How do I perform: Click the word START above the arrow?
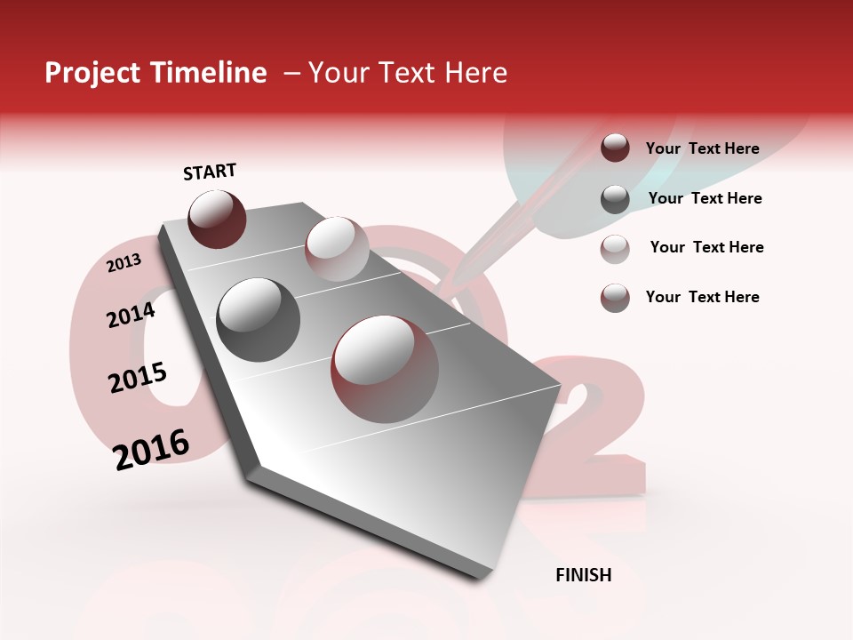pos(210,172)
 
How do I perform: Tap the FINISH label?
pos(583,575)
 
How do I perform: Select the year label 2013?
pos(124,263)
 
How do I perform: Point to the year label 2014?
pos(131,316)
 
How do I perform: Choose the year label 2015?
pos(138,378)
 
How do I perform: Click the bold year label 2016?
pos(151,449)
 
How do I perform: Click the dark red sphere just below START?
pos(217,219)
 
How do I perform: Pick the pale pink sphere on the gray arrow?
pos(337,249)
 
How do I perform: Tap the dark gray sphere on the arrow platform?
pos(259,320)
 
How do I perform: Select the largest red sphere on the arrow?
pos(385,369)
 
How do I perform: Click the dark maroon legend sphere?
pos(615,148)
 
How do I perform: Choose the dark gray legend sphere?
pos(615,198)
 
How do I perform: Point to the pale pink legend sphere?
pos(615,248)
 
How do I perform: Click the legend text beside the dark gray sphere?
pos(705,198)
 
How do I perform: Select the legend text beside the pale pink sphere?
pos(706,247)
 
